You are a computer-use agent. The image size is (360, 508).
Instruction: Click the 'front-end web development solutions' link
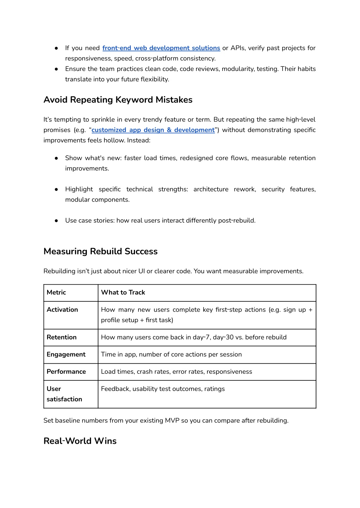[161, 48]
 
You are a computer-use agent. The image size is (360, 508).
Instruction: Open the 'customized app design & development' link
[153, 130]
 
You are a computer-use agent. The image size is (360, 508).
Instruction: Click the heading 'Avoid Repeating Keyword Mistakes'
[118, 100]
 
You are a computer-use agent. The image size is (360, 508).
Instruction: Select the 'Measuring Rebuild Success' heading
[101, 251]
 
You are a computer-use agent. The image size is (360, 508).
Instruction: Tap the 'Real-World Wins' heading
[80, 441]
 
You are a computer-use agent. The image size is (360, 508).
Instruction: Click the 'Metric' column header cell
[56, 292]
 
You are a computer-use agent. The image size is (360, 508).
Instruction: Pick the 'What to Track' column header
[123, 292]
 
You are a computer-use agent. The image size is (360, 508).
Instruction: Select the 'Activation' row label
[62, 310]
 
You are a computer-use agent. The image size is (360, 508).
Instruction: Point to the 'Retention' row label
[62, 337]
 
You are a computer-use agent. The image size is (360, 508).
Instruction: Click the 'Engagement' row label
[66, 354]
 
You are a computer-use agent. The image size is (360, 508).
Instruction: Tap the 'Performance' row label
[66, 372]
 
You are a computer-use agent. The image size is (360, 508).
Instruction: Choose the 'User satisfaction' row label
[64, 394]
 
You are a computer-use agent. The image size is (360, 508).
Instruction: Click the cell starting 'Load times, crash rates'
[176, 372]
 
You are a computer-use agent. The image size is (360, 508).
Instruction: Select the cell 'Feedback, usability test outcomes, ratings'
[163, 389]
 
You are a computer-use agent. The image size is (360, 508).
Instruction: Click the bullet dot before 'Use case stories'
[56, 221]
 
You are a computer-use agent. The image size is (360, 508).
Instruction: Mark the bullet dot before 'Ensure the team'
[56, 69]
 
